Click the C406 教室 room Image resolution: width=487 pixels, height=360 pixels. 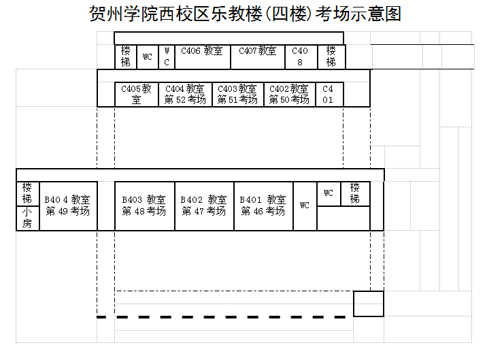point(202,56)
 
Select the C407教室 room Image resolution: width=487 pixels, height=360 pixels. point(257,56)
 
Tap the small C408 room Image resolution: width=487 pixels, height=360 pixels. point(300,56)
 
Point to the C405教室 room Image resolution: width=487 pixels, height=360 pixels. point(136,95)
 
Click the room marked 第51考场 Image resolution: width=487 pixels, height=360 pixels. point(237,95)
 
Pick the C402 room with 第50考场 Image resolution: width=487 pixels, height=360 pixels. point(289,95)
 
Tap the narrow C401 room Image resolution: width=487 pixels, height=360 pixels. point(329,95)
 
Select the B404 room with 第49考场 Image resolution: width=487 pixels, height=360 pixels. point(67,206)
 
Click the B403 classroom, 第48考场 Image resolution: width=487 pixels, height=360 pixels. point(144,206)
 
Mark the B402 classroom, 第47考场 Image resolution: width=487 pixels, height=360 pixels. point(204,206)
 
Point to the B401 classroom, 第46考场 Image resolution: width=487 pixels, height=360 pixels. point(263,206)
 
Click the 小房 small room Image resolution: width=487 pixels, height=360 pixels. point(27,218)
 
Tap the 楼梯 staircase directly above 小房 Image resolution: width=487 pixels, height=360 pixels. point(27,193)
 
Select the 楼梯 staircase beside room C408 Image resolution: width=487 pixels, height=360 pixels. point(331,56)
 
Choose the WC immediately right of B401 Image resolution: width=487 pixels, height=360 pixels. point(305,206)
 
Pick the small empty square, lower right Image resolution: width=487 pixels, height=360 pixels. point(369,304)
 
